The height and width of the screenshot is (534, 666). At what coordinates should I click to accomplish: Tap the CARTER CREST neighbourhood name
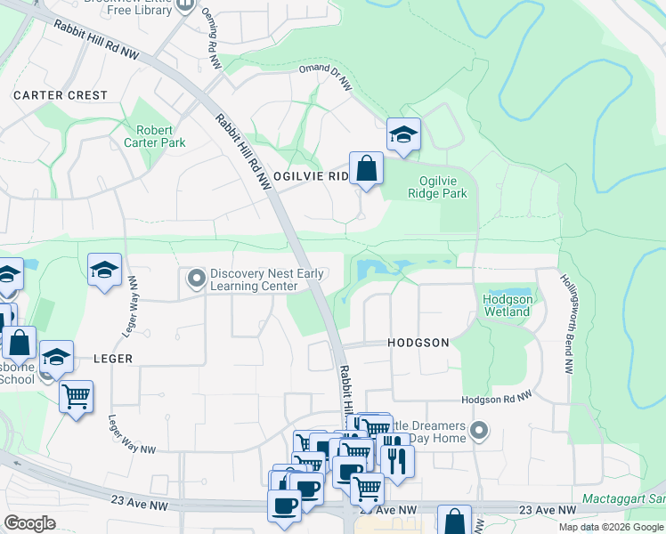(x=61, y=95)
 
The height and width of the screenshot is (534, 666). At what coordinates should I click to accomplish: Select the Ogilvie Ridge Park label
(x=437, y=187)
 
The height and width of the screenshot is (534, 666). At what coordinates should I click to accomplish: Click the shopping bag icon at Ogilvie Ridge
(x=366, y=168)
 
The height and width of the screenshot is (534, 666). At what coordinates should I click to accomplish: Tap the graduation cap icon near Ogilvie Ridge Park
(x=403, y=135)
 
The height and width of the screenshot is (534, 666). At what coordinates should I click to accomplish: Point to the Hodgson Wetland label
(x=508, y=305)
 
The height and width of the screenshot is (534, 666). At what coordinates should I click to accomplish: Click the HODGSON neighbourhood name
(x=418, y=343)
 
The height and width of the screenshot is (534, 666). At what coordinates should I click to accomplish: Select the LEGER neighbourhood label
(x=111, y=359)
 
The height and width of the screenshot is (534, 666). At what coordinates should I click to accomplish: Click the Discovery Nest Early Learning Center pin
(x=196, y=279)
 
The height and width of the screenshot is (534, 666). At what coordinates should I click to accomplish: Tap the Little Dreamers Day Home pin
(x=479, y=432)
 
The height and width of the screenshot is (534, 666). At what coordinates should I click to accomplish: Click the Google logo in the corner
(x=29, y=523)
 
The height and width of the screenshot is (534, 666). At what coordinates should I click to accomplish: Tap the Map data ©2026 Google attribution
(x=611, y=527)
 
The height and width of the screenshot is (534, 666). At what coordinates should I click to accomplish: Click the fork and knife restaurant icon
(x=395, y=460)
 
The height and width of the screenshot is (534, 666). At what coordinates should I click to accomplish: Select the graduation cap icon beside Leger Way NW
(x=104, y=271)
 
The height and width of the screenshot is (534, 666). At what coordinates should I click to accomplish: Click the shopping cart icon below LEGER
(x=76, y=395)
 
